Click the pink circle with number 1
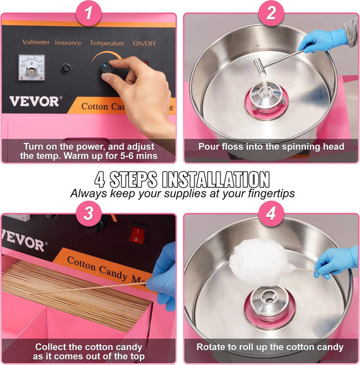pyautogui.click(x=89, y=13)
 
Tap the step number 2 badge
pyautogui.click(x=271, y=13)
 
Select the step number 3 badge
pyautogui.click(x=89, y=213)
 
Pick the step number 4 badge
pyautogui.click(x=271, y=213)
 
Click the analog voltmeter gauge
pyautogui.click(x=31, y=67)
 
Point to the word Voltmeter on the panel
pyautogui.click(x=36, y=42)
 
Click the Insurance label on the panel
pyautogui.click(x=68, y=42)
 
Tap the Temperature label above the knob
pyautogui.click(x=107, y=43)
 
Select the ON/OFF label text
pyautogui.click(x=145, y=44)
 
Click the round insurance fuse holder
pyautogui.click(x=66, y=69)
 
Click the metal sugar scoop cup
pyautogui.click(x=259, y=66)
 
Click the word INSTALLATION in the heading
pyautogui.click(x=215, y=180)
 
